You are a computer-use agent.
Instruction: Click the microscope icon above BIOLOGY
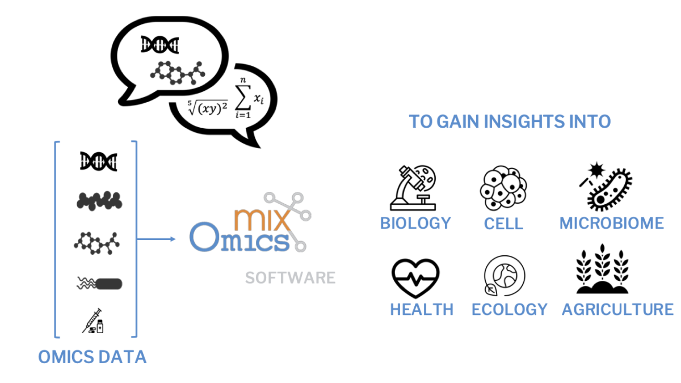tap(413, 187)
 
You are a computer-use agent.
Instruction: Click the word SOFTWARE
tap(290, 278)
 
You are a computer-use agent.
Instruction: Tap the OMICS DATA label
tap(92, 357)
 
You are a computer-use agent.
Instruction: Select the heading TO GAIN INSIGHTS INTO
tap(510, 121)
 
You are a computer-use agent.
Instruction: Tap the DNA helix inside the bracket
tap(98, 161)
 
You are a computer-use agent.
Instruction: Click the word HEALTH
tap(421, 309)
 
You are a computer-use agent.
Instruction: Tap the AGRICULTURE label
tap(617, 309)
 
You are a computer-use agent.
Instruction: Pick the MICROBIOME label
tap(611, 223)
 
